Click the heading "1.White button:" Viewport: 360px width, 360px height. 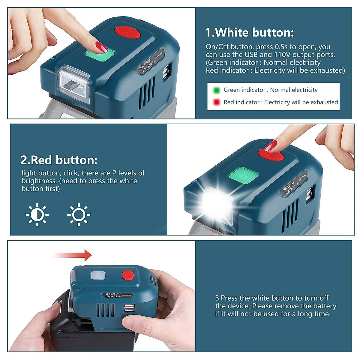249,32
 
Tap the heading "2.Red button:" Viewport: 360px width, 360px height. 59,160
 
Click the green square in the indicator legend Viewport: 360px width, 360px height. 216,90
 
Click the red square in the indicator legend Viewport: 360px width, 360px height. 216,102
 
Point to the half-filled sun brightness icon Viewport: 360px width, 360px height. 37,214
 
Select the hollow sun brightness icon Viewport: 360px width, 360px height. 79,214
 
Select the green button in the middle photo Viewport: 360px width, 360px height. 243,175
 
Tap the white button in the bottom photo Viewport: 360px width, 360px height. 98,276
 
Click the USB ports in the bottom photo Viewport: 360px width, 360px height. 129,308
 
